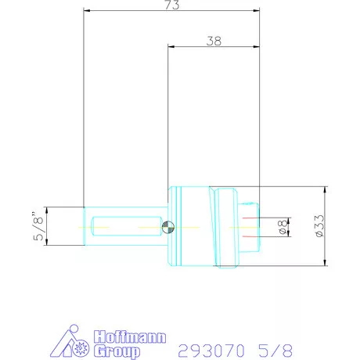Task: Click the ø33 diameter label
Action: point(316,227)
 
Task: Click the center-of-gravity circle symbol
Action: point(167,227)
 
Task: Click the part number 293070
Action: point(213,347)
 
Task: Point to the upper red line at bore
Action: point(249,218)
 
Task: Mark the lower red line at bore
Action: point(249,235)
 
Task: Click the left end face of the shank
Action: point(84,226)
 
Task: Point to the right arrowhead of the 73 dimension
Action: point(255,12)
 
